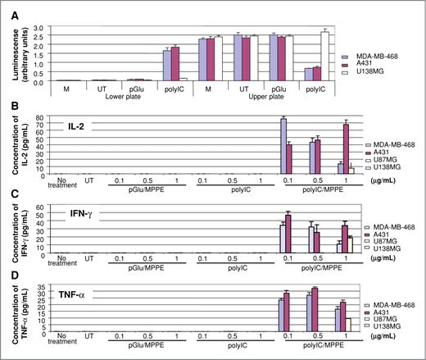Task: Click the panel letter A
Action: (x=7, y=6)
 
